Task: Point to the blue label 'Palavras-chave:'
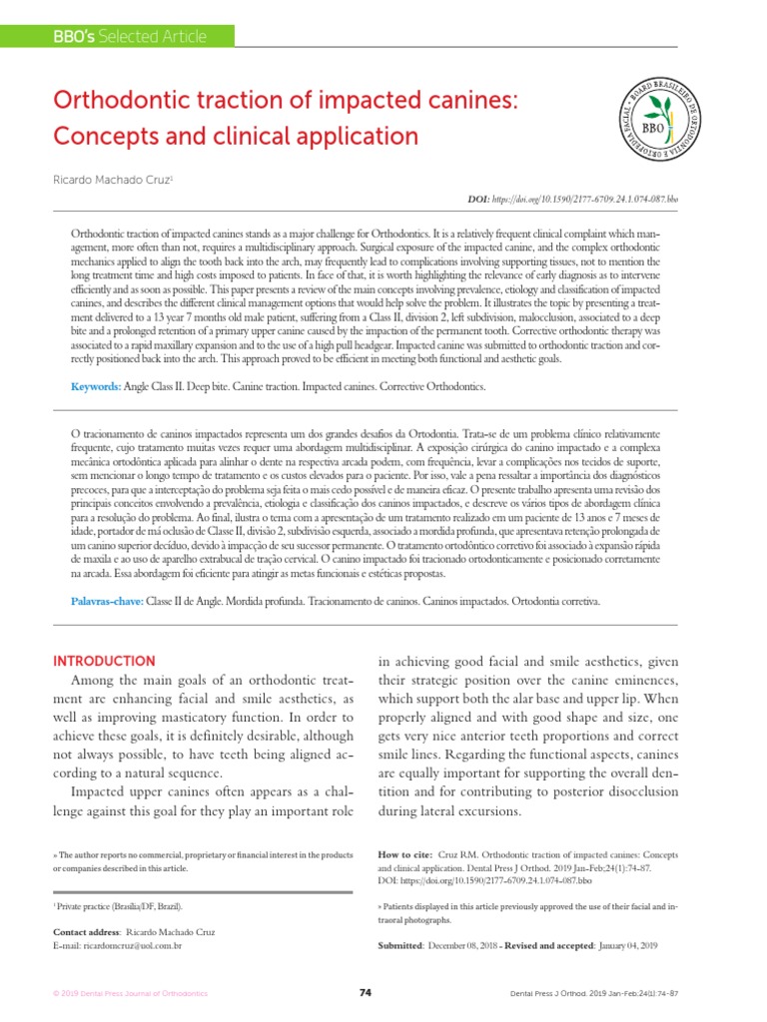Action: pos(109,603)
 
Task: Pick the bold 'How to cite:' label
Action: pos(407,855)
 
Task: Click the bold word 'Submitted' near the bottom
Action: pos(400,944)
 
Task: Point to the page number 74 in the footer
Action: pos(365,993)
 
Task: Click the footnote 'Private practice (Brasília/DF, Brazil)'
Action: pos(120,905)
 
